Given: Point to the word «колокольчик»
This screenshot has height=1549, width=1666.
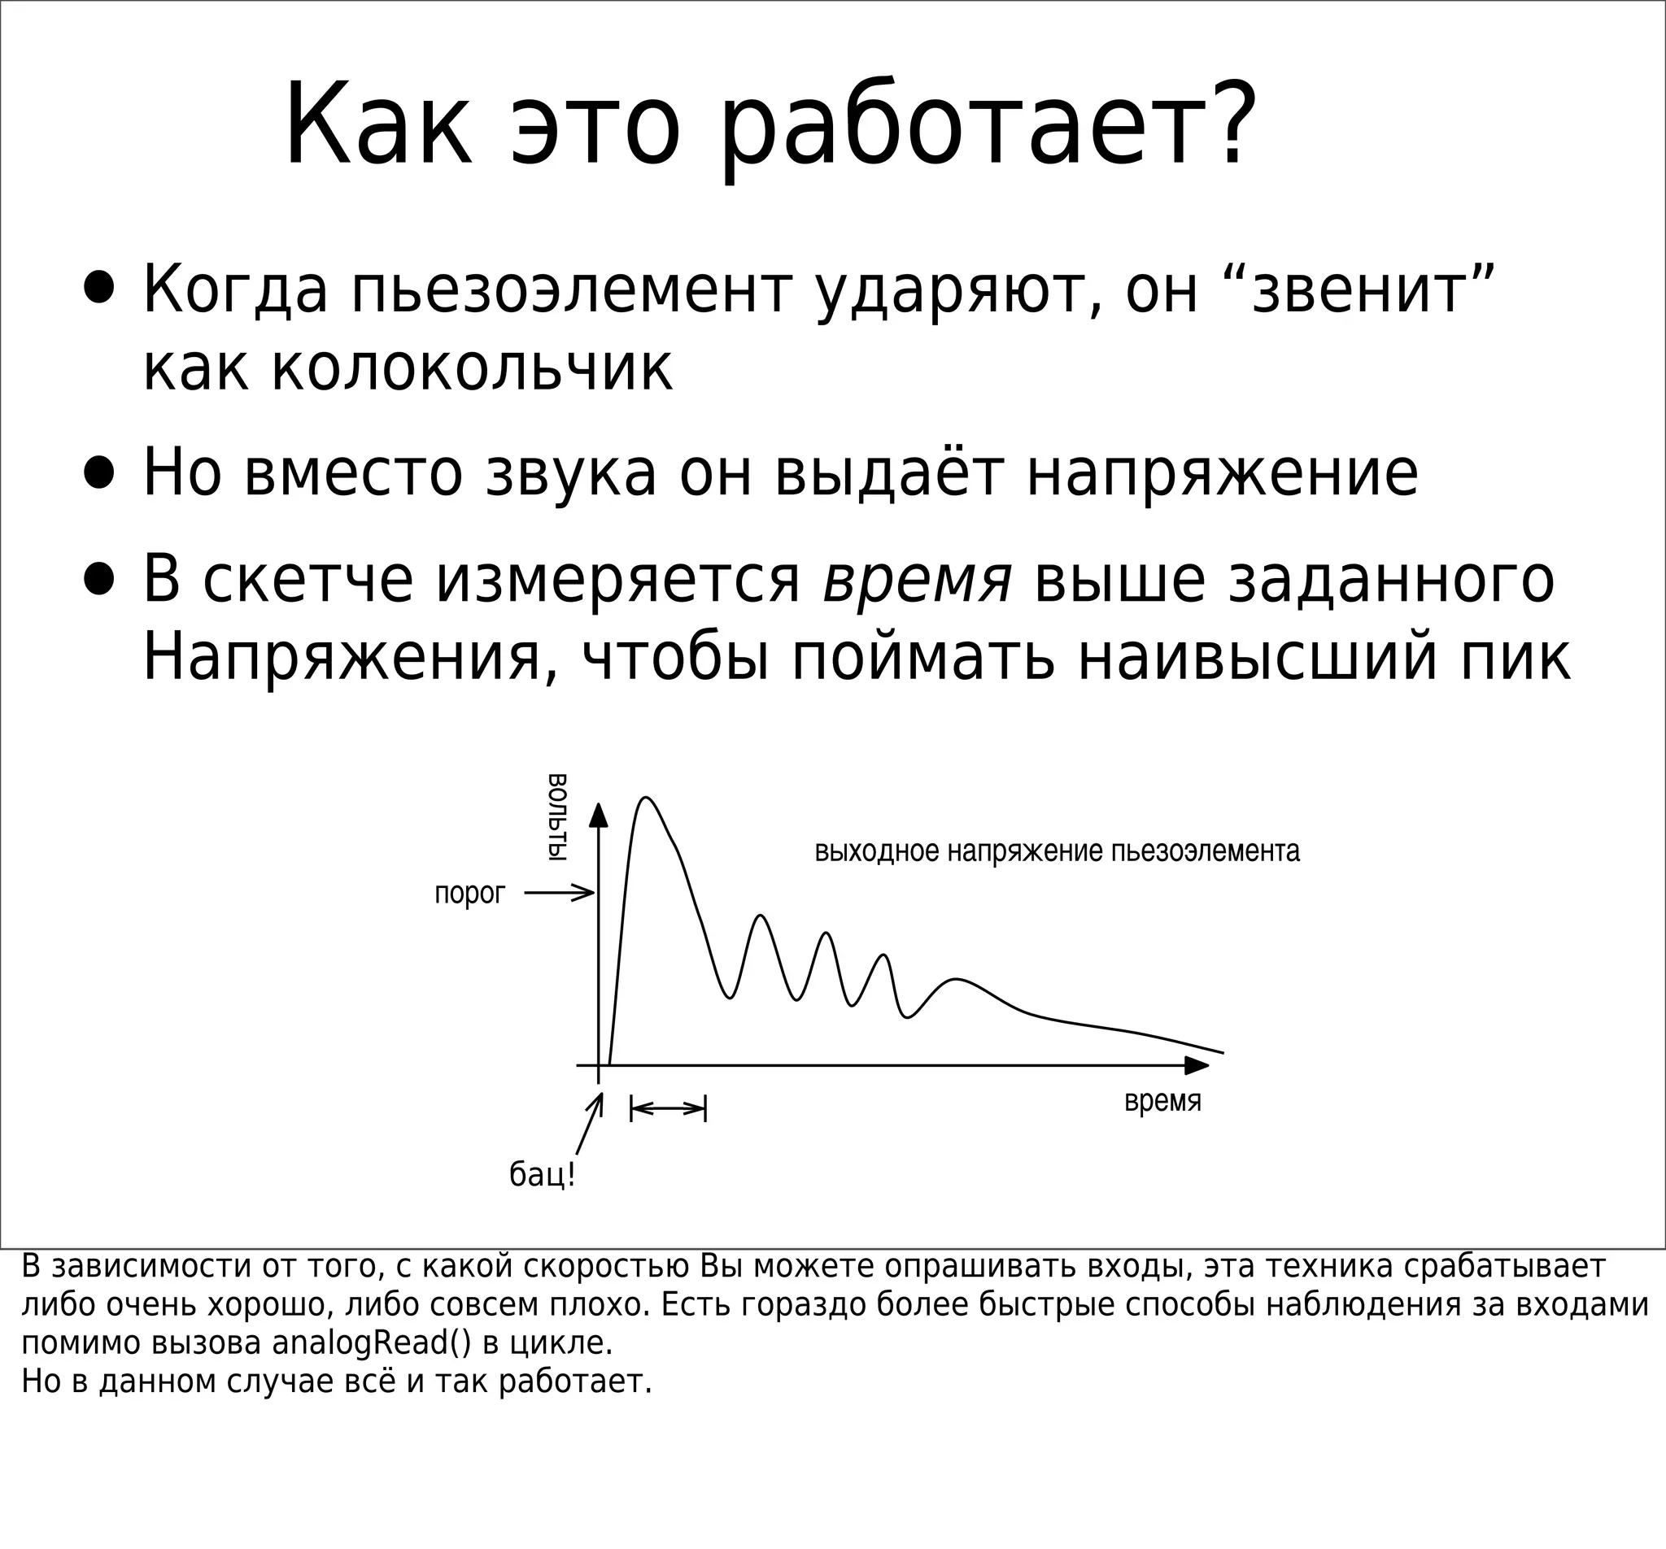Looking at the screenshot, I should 408,368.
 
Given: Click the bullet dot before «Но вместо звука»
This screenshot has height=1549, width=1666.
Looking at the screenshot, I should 99,472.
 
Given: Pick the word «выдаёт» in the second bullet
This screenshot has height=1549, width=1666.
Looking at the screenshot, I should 888,472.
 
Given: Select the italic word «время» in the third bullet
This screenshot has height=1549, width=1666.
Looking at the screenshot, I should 918,580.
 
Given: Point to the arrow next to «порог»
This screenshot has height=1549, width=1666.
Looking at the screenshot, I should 559,893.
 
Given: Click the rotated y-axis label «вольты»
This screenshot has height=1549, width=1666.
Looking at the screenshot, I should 556,818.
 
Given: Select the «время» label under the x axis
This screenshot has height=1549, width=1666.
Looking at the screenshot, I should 1162,1101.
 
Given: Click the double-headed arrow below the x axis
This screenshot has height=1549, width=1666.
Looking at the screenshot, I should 668,1109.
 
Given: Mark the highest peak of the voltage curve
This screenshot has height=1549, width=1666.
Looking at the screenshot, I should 645,798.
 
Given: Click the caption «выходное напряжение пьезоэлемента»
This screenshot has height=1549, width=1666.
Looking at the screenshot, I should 1057,852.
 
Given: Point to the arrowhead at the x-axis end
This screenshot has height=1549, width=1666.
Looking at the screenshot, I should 1197,1066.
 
